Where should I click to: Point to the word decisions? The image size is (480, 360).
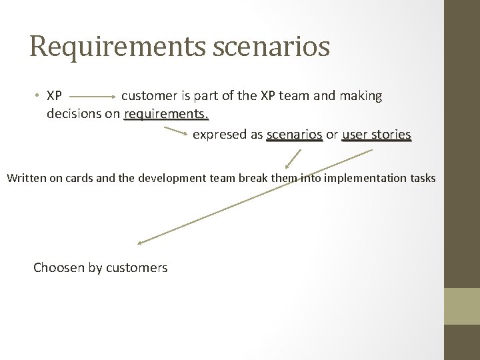74,114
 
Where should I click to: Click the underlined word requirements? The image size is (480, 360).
167,114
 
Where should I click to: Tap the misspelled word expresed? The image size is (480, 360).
220,135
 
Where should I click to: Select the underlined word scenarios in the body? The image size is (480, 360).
294,135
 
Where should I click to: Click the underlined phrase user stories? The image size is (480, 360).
377,135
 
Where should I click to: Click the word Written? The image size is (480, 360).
27,178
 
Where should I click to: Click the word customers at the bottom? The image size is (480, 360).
138,268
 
